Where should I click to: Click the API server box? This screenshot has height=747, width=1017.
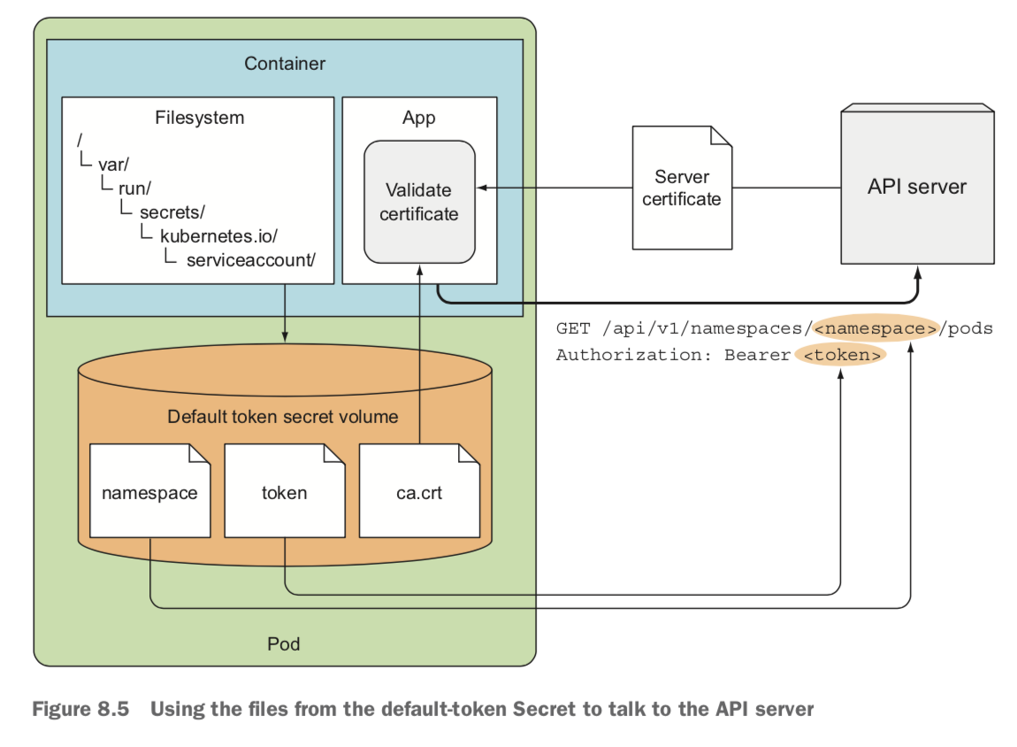pos(917,186)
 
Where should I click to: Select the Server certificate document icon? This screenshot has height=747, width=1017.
pos(682,188)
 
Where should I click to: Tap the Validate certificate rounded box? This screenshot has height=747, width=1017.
pos(419,202)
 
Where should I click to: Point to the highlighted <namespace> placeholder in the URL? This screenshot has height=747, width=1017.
pos(875,328)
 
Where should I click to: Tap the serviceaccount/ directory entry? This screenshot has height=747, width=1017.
pos(251,260)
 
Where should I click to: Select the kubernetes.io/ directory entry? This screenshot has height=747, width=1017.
pos(219,236)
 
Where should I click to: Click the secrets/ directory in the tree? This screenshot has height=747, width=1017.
pos(172,212)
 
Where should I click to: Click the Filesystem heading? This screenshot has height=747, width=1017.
pos(199,118)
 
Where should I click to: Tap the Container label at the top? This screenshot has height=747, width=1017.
pos(285,64)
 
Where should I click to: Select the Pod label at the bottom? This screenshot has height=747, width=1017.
pos(283,643)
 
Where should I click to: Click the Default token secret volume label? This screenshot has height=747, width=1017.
pos(283,416)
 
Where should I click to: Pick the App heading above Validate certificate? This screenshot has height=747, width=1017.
pos(418,118)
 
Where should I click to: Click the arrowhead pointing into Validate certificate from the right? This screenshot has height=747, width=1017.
pos(481,188)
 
